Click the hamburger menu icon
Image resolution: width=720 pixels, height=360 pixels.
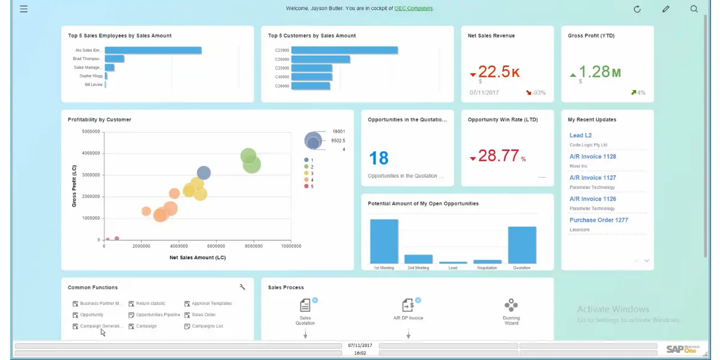tap(23, 9)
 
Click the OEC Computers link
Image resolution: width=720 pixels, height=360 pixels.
tap(413, 8)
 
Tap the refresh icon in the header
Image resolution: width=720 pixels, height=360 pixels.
tap(637, 9)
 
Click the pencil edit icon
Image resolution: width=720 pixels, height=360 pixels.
tap(665, 9)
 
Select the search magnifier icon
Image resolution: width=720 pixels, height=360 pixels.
tap(694, 9)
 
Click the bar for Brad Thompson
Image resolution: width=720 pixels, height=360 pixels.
tap(115, 59)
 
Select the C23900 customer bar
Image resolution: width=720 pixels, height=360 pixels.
tap(344, 50)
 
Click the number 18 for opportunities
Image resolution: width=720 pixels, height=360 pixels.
tap(379, 158)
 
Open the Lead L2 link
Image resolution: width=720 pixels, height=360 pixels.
tap(580, 136)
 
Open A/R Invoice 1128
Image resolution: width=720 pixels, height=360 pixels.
tap(592, 157)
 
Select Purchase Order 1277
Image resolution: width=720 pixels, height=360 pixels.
tap(598, 220)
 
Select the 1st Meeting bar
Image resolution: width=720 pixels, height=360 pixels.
tap(384, 241)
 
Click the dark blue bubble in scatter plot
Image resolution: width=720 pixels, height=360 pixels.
tap(204, 173)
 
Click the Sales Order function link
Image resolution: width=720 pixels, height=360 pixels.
tap(203, 314)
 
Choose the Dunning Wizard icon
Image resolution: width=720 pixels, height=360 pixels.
tap(511, 305)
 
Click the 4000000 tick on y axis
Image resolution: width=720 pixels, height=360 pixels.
tap(90, 153)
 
